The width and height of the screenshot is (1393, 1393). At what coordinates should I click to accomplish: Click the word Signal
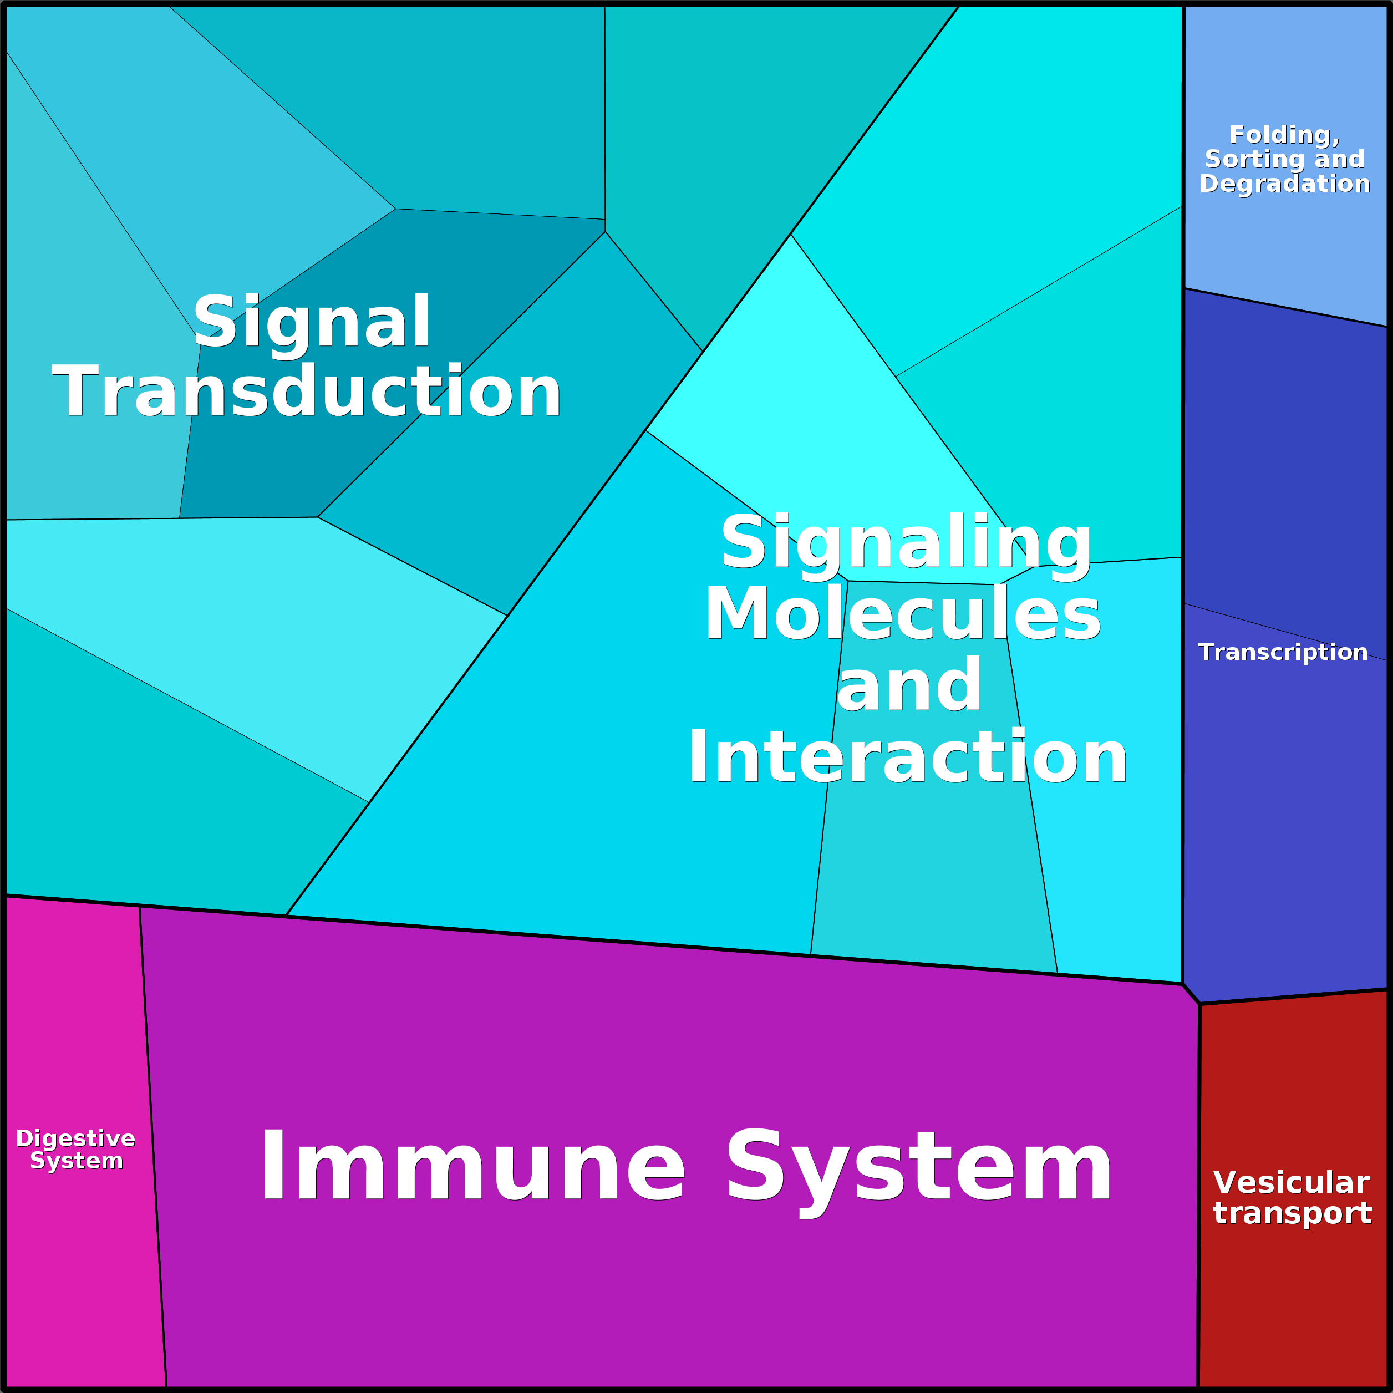pyautogui.click(x=312, y=322)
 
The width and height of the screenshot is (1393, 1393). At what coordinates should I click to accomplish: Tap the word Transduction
pyautogui.click(x=307, y=392)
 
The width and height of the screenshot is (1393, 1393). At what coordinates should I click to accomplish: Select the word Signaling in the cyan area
pyautogui.click(x=906, y=543)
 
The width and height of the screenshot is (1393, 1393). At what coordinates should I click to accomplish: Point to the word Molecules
pyautogui.click(x=903, y=614)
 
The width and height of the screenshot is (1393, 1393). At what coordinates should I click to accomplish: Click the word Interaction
pyautogui.click(x=908, y=757)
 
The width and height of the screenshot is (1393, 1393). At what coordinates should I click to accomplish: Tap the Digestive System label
pyautogui.click(x=76, y=1150)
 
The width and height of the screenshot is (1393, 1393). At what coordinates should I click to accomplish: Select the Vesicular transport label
pyautogui.click(x=1292, y=1198)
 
